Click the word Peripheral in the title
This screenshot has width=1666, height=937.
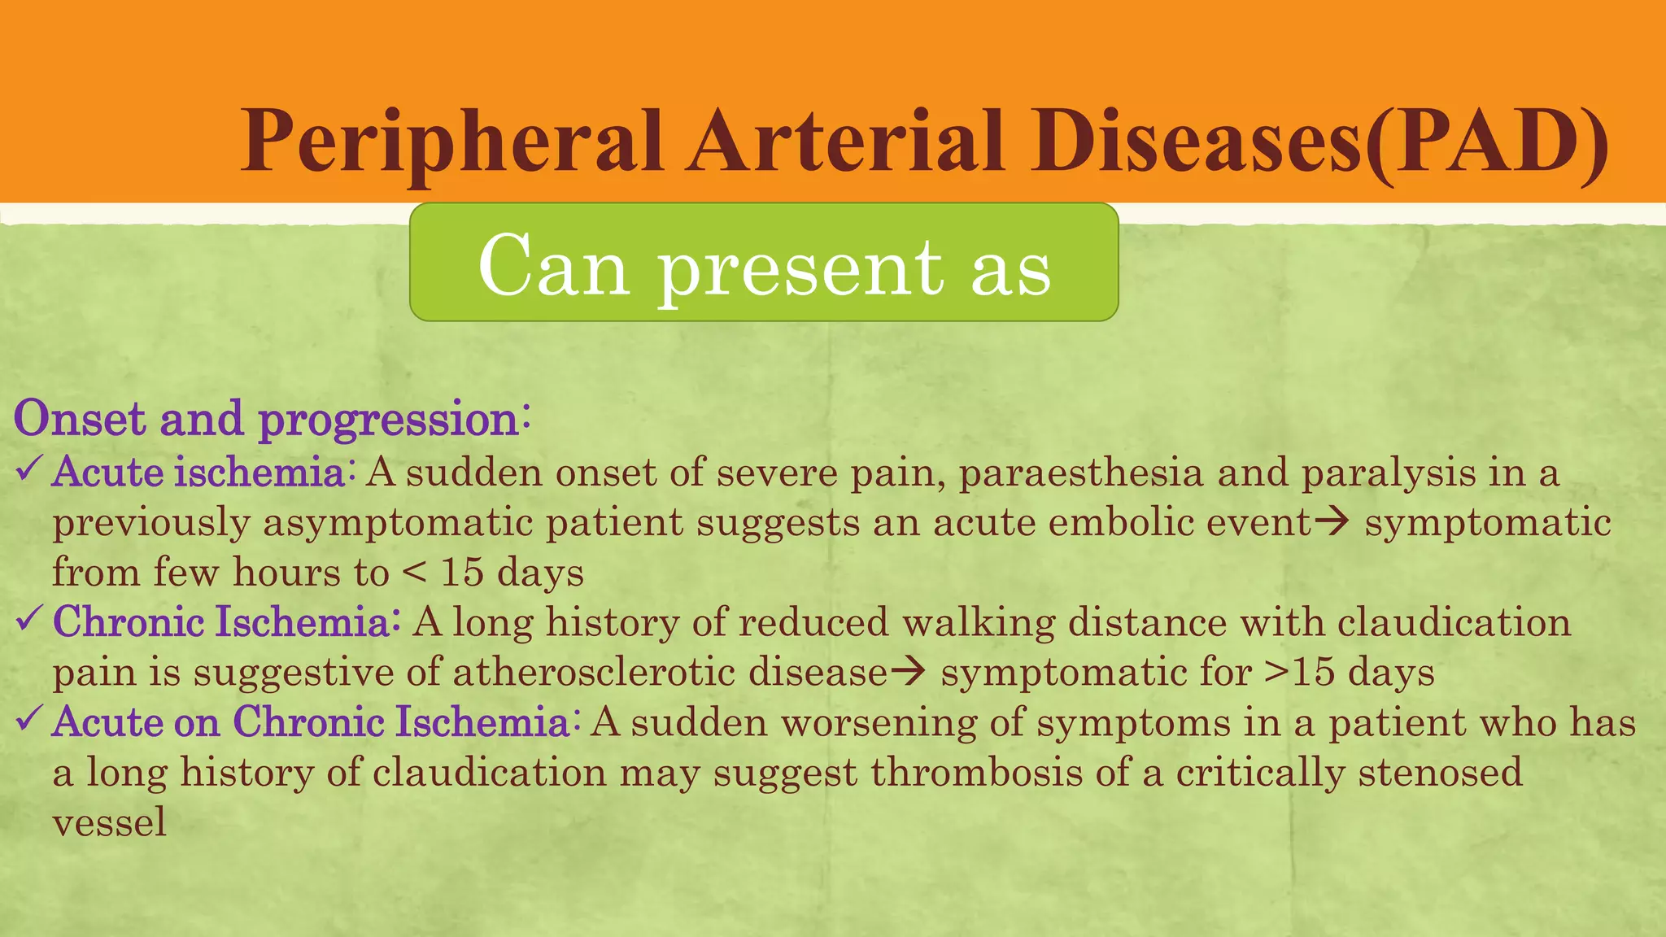point(451,142)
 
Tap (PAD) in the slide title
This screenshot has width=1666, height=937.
point(1485,142)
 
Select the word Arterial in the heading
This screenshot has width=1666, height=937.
point(846,142)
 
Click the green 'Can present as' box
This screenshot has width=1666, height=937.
point(764,263)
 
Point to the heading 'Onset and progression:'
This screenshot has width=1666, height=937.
point(273,420)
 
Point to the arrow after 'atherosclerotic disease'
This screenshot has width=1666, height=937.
point(908,673)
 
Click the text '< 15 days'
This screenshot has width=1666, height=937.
point(493,573)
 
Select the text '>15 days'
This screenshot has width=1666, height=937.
point(1350,673)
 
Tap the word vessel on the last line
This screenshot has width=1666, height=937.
point(109,822)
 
